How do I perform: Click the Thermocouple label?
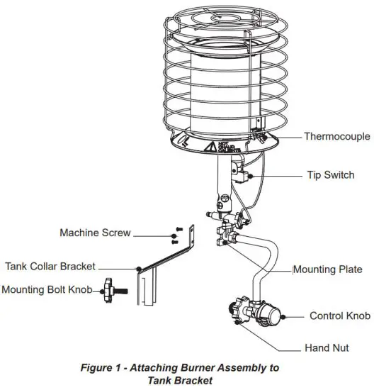334,135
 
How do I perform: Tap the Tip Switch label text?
330,174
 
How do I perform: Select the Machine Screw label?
95,233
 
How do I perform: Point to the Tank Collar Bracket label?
50,267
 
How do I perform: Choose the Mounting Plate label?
328,269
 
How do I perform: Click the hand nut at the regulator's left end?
235,313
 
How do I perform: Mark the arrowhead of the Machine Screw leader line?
168,233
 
